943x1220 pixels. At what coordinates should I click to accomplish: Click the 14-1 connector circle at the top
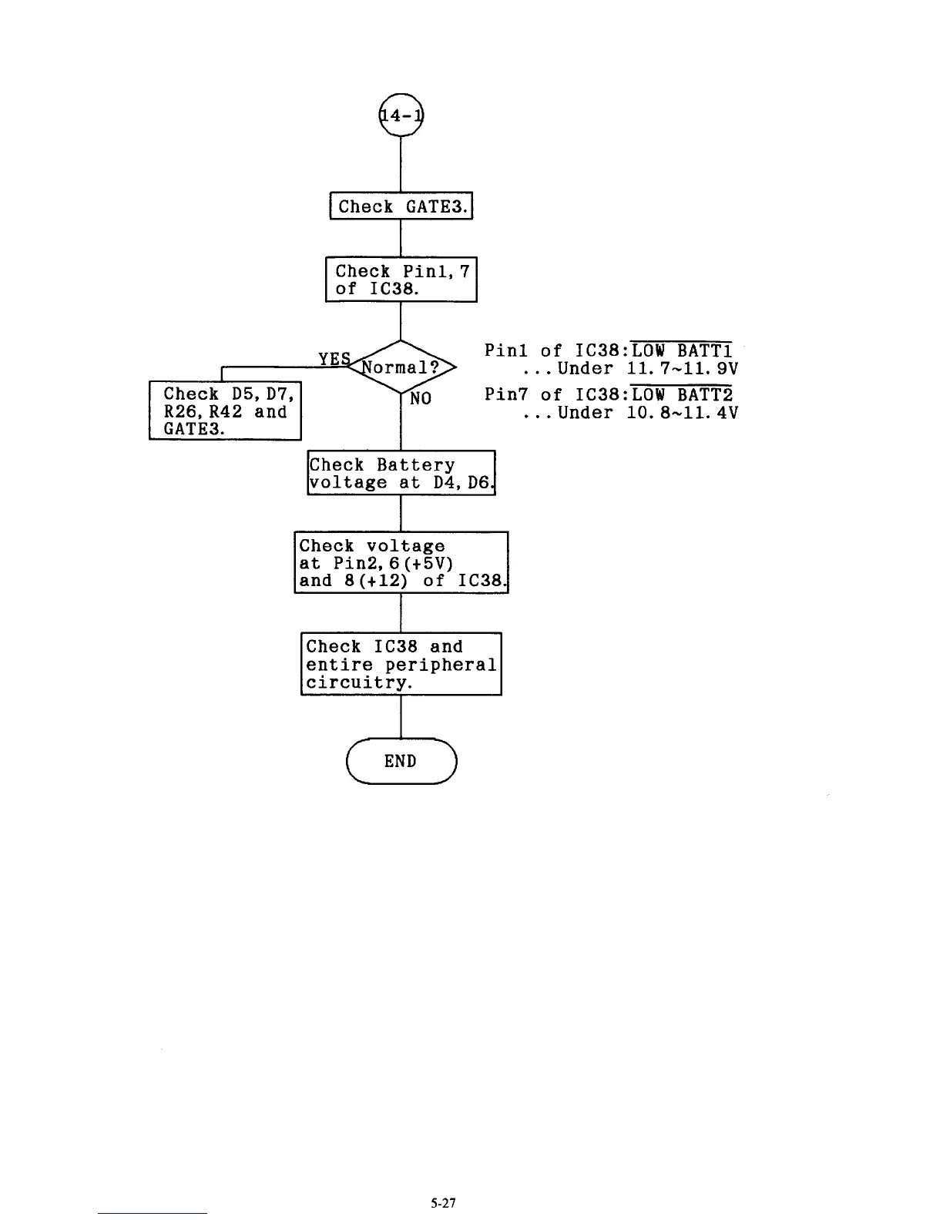pyautogui.click(x=401, y=116)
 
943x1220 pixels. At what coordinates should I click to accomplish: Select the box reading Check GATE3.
pyautogui.click(x=401, y=206)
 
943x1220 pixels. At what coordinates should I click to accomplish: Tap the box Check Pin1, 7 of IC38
pyautogui.click(x=401, y=280)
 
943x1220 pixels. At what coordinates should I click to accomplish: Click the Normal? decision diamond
pyautogui.click(x=401, y=367)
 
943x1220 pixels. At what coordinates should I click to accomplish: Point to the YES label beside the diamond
pyautogui.click(x=334, y=359)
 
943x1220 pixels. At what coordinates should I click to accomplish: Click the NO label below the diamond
pyautogui.click(x=421, y=399)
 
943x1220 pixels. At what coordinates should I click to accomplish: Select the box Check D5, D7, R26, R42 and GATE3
pyautogui.click(x=225, y=411)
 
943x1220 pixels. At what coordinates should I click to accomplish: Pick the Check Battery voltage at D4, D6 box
pyautogui.click(x=401, y=474)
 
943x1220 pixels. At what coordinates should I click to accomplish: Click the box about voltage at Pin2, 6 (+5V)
pyautogui.click(x=401, y=563)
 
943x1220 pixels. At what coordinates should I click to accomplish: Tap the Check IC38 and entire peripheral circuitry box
pyautogui.click(x=401, y=664)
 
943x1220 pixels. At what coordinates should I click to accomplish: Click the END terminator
pyautogui.click(x=401, y=761)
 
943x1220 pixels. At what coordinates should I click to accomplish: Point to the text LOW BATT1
pyautogui.click(x=682, y=350)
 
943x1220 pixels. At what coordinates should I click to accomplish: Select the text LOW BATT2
pyautogui.click(x=682, y=394)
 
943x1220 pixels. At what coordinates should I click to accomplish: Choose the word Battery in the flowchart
pyautogui.click(x=415, y=465)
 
